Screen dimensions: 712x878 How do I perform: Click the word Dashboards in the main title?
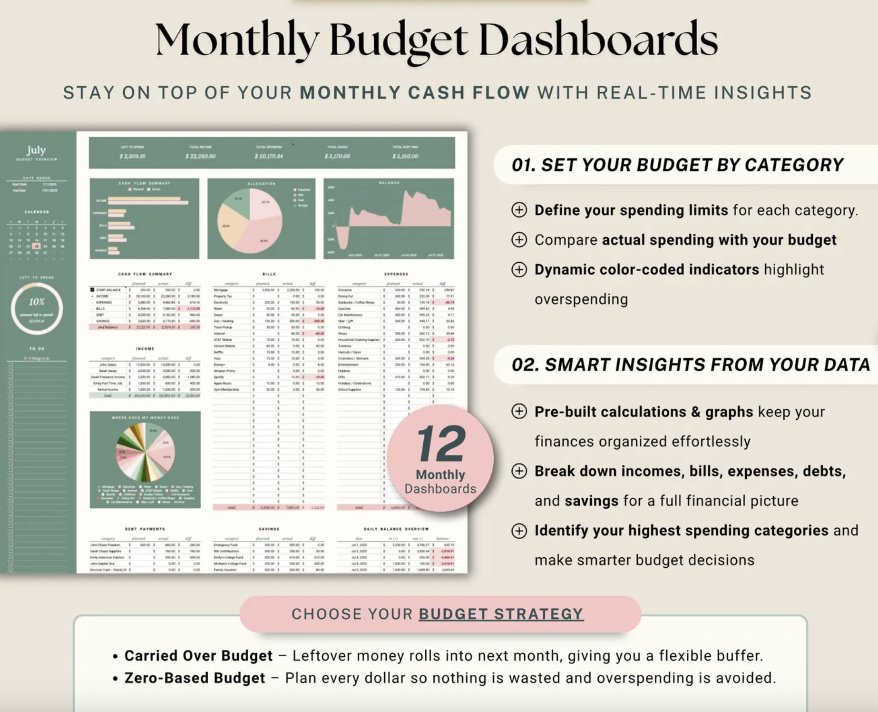coord(598,40)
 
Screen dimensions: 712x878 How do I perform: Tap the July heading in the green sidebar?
coord(36,150)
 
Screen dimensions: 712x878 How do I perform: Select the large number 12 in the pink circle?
coord(441,444)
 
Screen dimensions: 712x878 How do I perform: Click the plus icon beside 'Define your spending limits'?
coord(519,210)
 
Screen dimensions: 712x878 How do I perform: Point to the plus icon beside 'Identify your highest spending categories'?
coord(519,531)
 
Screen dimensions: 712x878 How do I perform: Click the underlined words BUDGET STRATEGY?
coord(501,614)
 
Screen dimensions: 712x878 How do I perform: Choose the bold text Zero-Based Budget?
coord(195,678)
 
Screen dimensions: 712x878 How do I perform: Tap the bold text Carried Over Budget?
coord(198,656)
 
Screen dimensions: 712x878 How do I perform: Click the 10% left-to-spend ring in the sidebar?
coord(37,308)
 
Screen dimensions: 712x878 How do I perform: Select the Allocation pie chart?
coord(250,220)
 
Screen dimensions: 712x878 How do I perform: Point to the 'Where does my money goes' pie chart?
coord(146,453)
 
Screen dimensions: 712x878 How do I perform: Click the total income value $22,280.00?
coord(200,156)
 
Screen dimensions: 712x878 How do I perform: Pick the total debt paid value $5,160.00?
coord(405,156)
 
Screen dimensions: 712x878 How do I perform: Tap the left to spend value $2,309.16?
coord(132,156)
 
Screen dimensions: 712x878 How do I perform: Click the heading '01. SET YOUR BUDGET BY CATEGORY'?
coord(677,165)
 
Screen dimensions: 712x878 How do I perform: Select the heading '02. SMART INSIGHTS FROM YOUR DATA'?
coord(690,365)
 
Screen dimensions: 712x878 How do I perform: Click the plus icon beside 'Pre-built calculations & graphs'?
coord(519,411)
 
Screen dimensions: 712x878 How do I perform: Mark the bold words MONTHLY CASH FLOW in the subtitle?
coord(414,92)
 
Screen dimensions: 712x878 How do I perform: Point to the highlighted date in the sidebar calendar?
coord(37,246)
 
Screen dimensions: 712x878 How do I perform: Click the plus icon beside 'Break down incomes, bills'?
coord(519,471)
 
